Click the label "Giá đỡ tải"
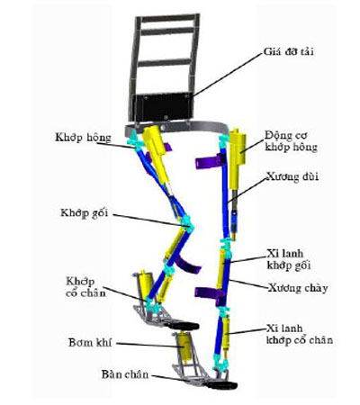[288, 51]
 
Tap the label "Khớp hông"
[83, 138]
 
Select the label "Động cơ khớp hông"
[291, 141]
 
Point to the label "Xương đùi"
[292, 176]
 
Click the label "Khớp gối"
[84, 213]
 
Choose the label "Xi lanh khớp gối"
[289, 259]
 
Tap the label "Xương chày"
[298, 288]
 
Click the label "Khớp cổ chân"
[85, 287]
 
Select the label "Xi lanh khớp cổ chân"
[300, 334]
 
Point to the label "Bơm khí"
[90, 343]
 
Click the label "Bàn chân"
[125, 374]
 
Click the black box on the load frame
[162, 106]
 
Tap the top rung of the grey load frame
[168, 18]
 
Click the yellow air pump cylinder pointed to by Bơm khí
[184, 348]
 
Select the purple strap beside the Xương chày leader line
[210, 293]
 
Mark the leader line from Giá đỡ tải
[228, 75]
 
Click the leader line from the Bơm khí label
[148, 345]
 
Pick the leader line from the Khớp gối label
[148, 220]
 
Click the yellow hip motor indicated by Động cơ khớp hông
[238, 159]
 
